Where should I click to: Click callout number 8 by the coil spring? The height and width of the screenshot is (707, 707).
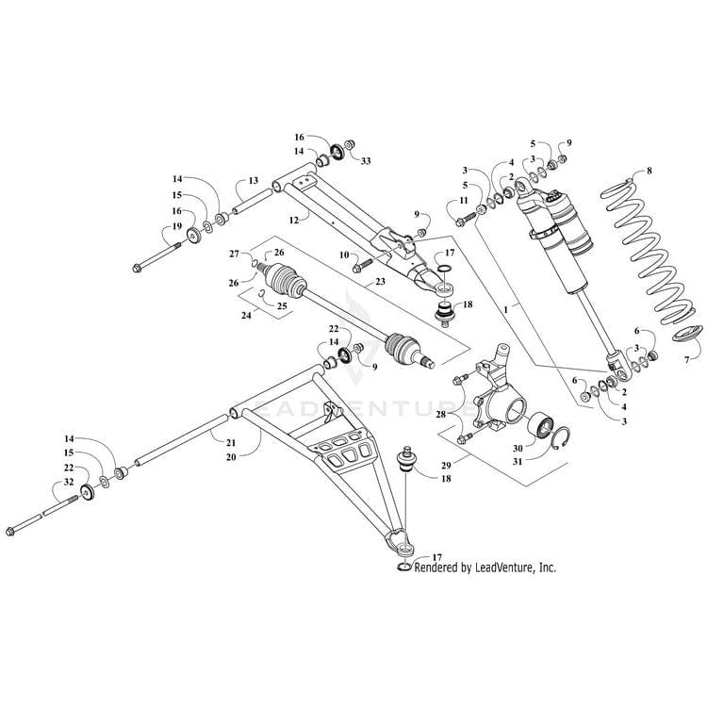[x=649, y=171]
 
